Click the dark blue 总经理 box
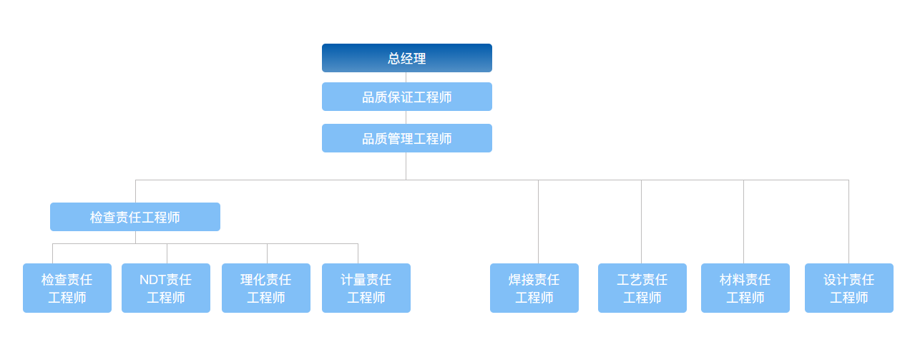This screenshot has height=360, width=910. (x=406, y=58)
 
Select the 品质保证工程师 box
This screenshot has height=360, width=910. (x=406, y=97)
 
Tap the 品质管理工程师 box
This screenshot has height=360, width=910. (x=406, y=138)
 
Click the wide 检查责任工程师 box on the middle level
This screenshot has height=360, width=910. (x=135, y=217)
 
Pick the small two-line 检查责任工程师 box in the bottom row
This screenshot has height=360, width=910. (x=67, y=288)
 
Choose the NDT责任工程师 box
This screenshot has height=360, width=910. (x=166, y=288)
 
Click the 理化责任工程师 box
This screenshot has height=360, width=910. (x=266, y=288)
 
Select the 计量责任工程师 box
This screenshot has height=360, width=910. (x=366, y=288)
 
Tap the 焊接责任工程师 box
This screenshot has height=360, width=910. (x=534, y=288)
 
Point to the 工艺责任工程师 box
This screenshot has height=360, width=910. (x=642, y=288)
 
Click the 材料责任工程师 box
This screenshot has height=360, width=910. (x=745, y=288)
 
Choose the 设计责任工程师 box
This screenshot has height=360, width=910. (x=849, y=288)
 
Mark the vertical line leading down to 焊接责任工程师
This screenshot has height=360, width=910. (x=538, y=222)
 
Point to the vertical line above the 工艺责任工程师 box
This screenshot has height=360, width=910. (x=641, y=222)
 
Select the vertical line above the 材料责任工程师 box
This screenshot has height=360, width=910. (x=743, y=222)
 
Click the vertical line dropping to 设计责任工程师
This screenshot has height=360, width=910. (x=848, y=222)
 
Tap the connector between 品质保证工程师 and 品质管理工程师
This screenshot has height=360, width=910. (x=406, y=117)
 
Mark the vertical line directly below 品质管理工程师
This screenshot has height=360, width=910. (x=406, y=166)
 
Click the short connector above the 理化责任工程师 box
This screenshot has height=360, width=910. (x=267, y=253)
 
